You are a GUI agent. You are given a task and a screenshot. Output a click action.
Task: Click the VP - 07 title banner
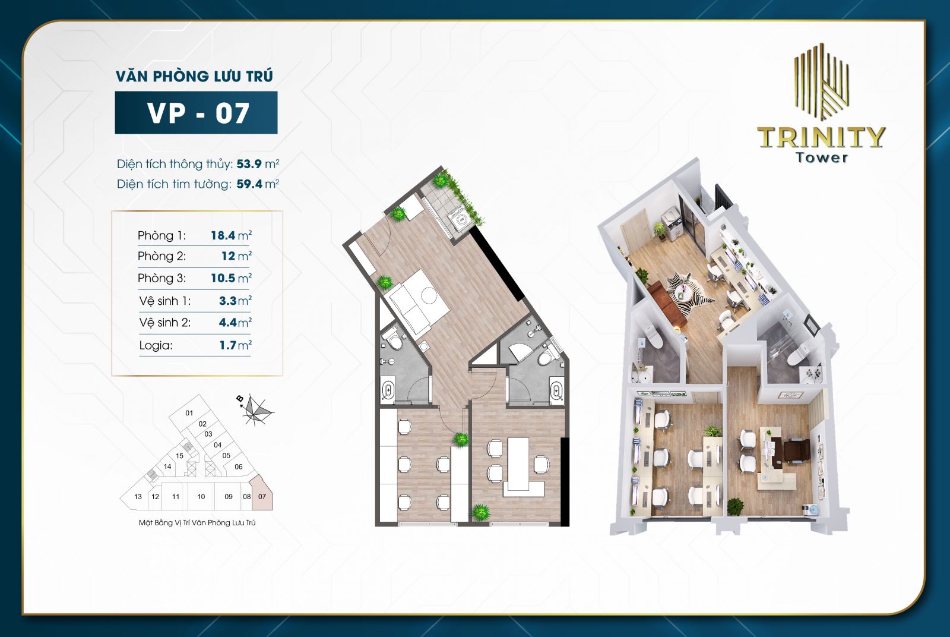click(x=196, y=112)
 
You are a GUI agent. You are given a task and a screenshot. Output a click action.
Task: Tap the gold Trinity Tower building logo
click(x=822, y=81)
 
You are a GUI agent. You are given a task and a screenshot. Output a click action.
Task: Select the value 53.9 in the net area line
click(x=249, y=164)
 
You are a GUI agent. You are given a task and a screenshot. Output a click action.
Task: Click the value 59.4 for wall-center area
click(x=249, y=184)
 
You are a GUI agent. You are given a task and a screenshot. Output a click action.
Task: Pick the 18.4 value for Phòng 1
click(x=223, y=235)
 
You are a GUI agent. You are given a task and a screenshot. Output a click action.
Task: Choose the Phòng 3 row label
click(x=161, y=278)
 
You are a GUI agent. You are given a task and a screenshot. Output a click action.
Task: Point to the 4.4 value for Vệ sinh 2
click(x=228, y=323)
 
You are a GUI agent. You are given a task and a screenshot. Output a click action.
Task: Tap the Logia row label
click(x=156, y=345)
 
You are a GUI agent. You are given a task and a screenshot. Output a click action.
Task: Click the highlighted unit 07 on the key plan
click(x=261, y=494)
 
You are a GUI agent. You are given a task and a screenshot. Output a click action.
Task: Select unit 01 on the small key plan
click(x=189, y=412)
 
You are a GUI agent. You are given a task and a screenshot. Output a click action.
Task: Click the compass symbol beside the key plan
click(x=256, y=410)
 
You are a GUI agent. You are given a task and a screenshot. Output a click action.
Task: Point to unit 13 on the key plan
click(x=137, y=497)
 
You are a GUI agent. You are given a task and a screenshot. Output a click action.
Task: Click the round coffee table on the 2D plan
click(x=428, y=295)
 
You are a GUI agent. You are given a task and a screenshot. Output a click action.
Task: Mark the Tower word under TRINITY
click(x=822, y=157)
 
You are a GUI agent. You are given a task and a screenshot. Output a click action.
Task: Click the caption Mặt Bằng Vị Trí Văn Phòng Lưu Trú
click(x=197, y=523)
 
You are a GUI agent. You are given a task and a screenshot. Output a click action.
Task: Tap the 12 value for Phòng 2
click(x=228, y=256)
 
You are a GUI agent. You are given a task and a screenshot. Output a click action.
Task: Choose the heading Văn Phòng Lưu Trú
click(x=195, y=76)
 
